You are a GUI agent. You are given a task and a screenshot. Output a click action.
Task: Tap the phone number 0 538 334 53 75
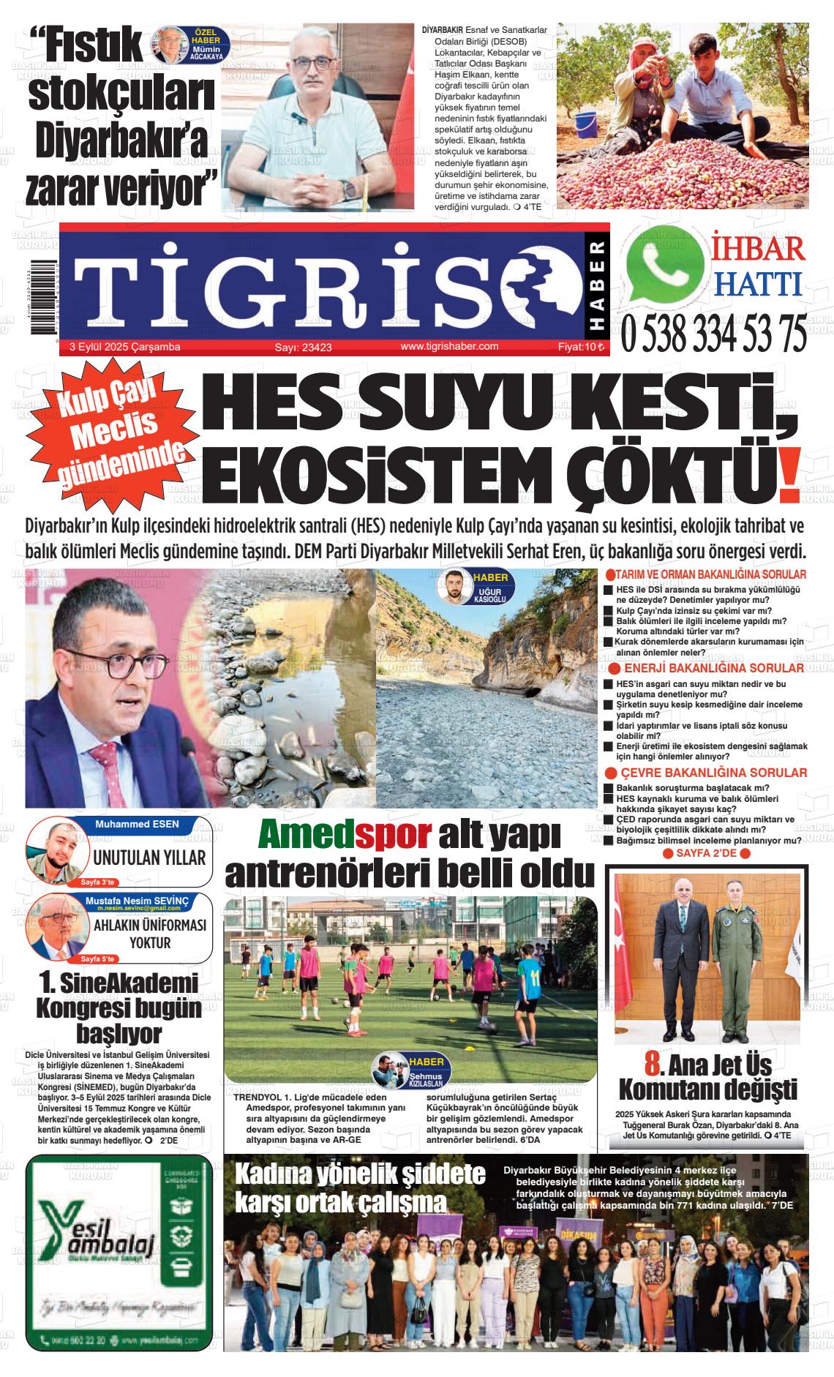tap(714, 334)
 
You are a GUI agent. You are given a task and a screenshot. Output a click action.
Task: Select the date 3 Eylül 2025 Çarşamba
tap(125, 347)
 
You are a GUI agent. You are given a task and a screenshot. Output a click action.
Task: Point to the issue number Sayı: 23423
tap(303, 348)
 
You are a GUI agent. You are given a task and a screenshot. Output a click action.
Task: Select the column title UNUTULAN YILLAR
tap(149, 858)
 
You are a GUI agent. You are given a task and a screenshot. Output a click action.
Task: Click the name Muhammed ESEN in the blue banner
tap(137, 825)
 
